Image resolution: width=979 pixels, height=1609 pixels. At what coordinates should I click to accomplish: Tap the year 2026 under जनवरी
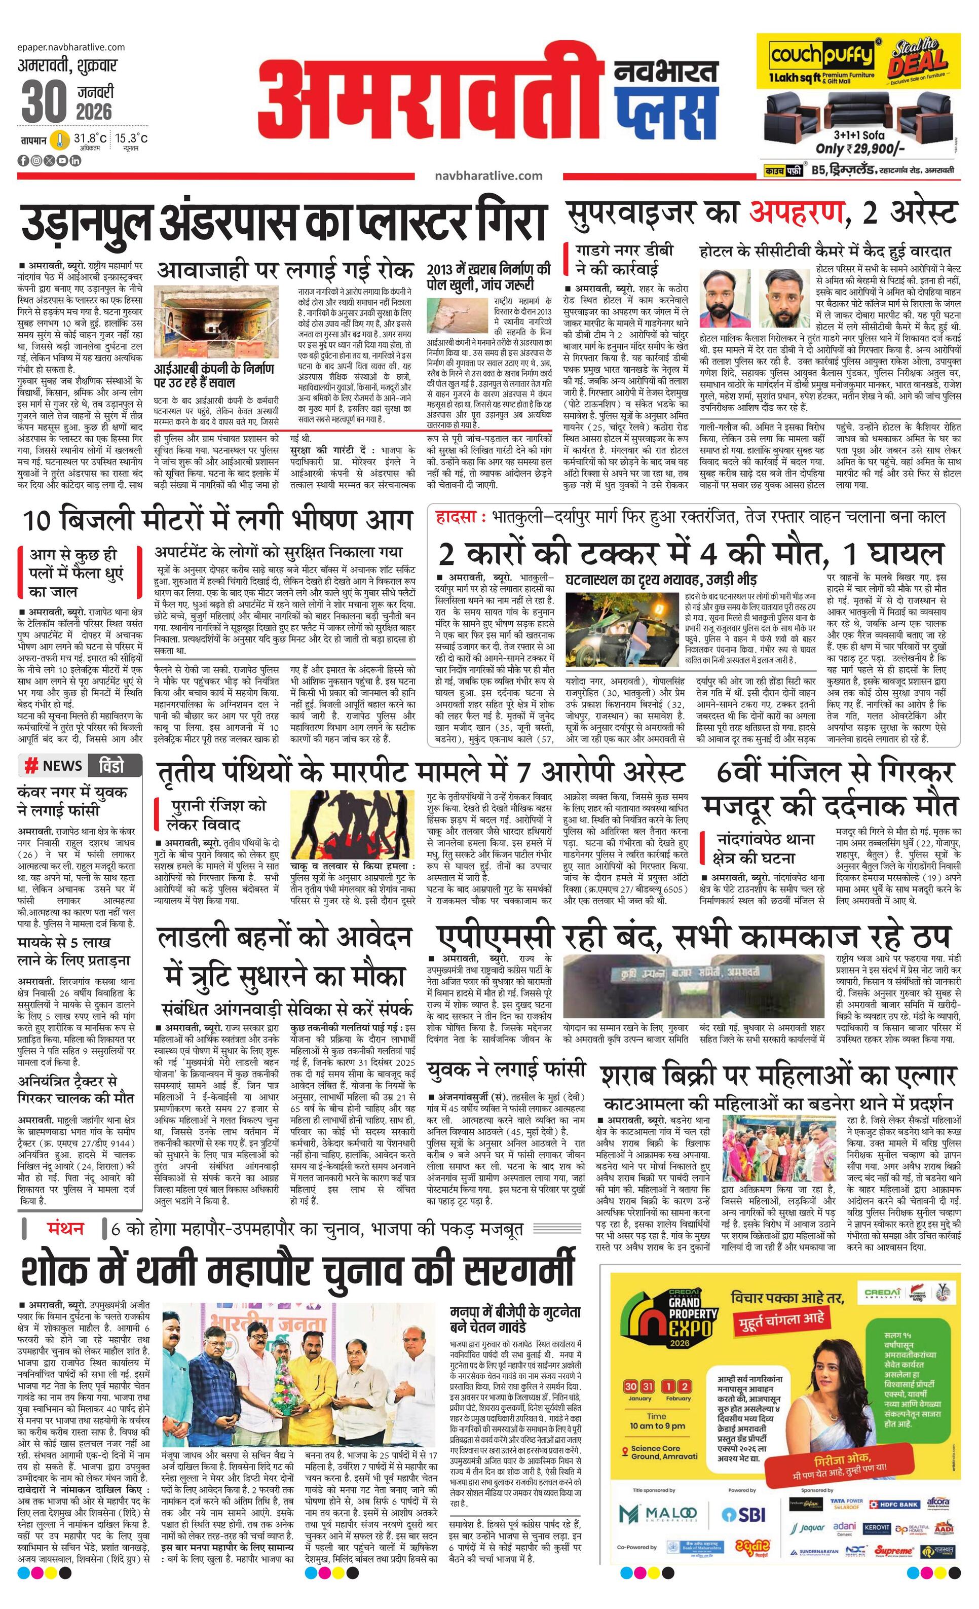pyautogui.click(x=93, y=112)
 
